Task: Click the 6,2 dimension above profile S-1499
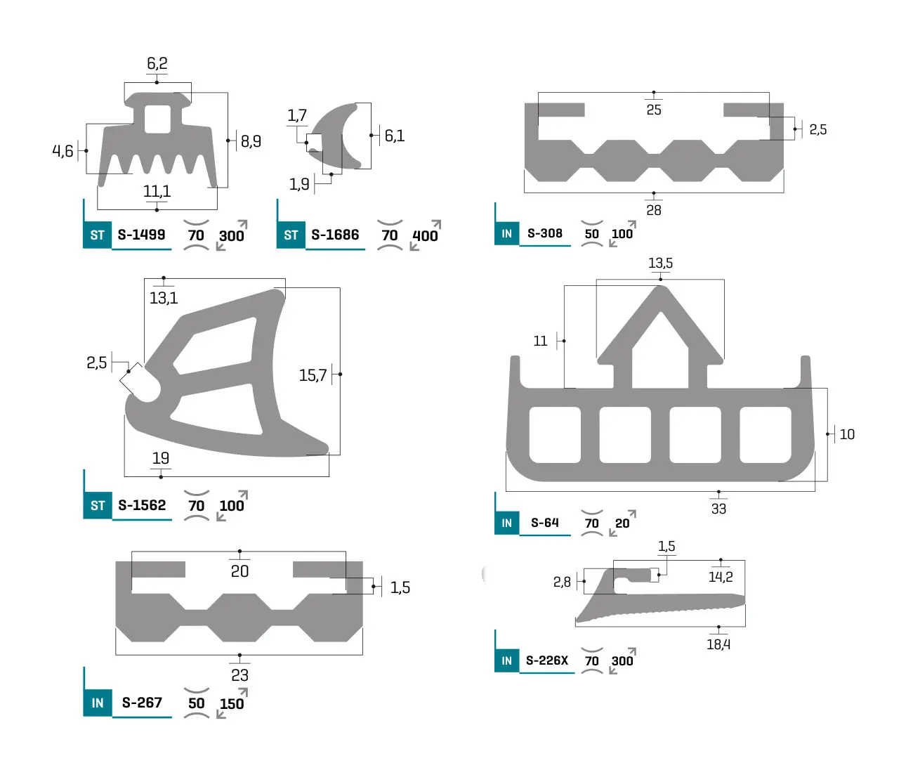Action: point(157,64)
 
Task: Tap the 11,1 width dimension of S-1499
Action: point(157,191)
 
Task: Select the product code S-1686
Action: point(335,235)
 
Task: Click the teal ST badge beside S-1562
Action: point(98,505)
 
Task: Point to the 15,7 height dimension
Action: point(313,375)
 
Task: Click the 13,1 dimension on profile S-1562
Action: point(164,298)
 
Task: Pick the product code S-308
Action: point(544,233)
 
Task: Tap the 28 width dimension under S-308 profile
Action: point(654,210)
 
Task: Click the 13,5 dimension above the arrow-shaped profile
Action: point(660,263)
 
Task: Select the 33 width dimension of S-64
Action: point(718,509)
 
